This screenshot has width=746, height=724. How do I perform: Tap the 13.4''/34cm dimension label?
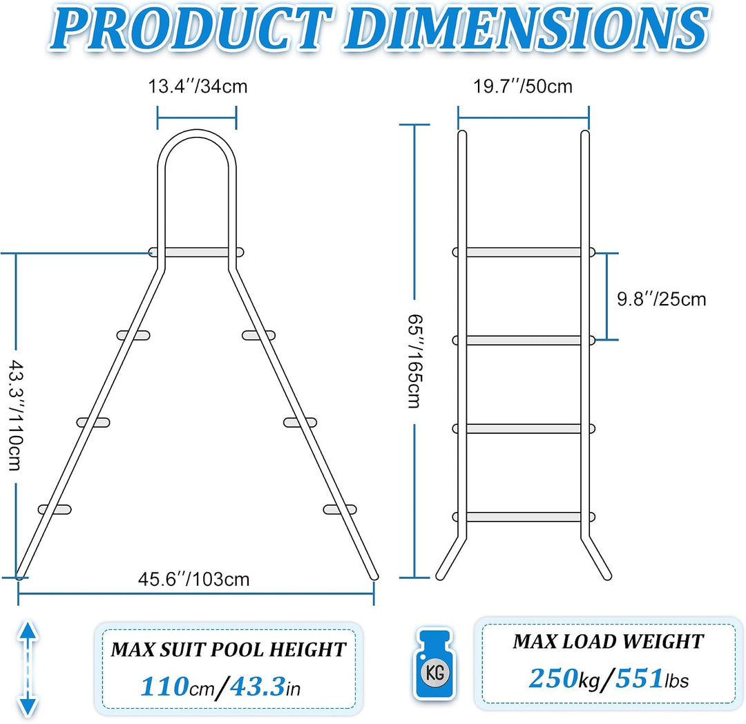click(198, 86)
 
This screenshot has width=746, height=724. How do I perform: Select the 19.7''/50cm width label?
click(522, 86)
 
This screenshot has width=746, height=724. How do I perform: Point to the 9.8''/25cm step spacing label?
click(661, 299)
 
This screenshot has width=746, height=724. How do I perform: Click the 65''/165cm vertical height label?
click(414, 361)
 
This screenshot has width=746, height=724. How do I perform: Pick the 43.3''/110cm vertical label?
click(16, 415)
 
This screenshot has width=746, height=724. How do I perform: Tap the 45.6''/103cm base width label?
click(193, 580)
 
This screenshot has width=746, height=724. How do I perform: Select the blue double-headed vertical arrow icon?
click(28, 668)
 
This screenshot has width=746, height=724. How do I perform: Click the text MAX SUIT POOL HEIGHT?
click(229, 650)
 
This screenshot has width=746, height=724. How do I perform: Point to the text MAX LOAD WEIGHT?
click(608, 642)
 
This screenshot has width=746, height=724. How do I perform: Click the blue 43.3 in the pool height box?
click(258, 687)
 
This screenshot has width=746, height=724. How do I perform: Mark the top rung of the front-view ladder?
click(524, 252)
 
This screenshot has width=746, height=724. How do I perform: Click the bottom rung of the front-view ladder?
click(524, 517)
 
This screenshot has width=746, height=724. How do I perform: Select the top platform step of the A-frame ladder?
click(196, 252)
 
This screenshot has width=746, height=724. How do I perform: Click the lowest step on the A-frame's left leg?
click(55, 509)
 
